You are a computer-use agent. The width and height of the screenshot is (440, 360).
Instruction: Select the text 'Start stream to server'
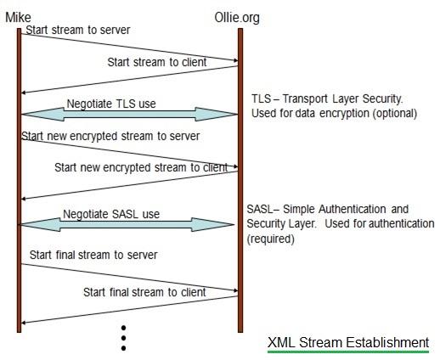[77, 31]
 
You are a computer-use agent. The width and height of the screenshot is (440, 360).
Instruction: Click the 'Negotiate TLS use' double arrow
[127, 113]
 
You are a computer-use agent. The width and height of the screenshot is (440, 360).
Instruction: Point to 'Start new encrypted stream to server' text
[110, 136]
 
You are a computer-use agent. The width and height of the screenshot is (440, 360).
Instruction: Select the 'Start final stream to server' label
[93, 255]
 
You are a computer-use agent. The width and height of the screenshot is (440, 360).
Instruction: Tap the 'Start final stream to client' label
[144, 292]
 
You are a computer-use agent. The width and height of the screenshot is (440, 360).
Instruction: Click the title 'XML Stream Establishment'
[347, 342]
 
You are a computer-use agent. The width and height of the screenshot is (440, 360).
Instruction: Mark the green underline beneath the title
[347, 352]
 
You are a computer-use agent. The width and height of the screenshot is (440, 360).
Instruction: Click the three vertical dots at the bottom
[123, 338]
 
